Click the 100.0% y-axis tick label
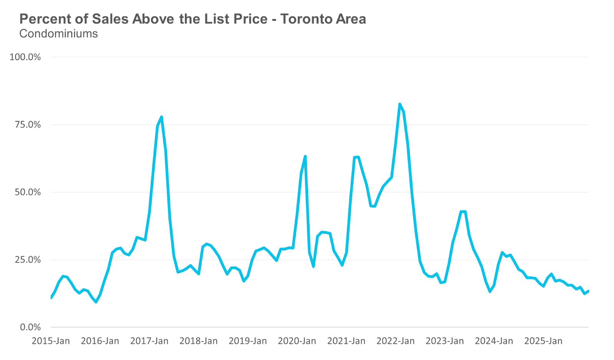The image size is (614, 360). [x=25, y=57]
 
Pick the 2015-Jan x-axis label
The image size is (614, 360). [x=51, y=341]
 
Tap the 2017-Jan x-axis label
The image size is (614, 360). [x=149, y=341]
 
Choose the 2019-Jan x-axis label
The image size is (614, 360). [x=248, y=341]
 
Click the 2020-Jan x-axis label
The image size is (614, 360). [x=297, y=341]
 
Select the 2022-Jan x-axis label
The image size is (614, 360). [x=395, y=341]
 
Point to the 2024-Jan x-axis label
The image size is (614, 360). [x=494, y=341]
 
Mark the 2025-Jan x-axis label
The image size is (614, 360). [x=543, y=341]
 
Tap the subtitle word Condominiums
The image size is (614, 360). [x=58, y=34]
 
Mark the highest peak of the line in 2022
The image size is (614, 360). [x=399, y=104]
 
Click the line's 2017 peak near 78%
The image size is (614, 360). [x=162, y=117]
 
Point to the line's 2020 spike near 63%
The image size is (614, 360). [x=305, y=156]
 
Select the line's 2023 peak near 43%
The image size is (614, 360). [x=463, y=211]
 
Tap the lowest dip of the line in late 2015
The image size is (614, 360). [x=96, y=302]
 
